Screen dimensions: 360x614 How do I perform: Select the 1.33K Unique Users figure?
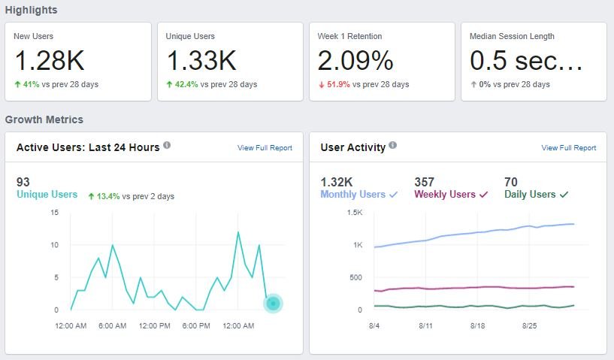pos(201,60)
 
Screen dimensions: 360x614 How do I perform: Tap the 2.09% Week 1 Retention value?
pos(355,60)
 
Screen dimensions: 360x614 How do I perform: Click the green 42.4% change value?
pos(186,84)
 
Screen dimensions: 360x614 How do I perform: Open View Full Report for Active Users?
pos(265,148)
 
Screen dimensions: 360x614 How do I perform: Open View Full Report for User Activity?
pos(568,148)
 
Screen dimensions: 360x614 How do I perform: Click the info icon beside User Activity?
pos(393,146)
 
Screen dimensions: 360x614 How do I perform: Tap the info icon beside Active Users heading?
pos(167,146)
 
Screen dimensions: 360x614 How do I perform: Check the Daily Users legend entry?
pos(536,194)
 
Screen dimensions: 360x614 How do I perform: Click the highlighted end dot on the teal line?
pos(274,303)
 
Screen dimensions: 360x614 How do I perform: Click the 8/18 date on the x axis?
pos(479,326)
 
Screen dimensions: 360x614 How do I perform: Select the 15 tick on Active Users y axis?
pos(54,213)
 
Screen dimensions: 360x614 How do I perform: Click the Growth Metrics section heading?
pos(44,119)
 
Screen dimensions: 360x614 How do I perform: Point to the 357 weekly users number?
pos(425,181)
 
